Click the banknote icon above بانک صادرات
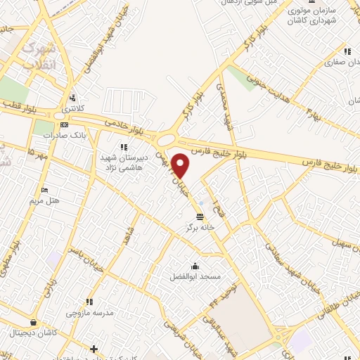click(65, 124)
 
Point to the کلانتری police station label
click(70, 109)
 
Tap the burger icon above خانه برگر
click(200, 216)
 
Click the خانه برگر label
click(200, 227)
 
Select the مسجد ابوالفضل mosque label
click(195, 276)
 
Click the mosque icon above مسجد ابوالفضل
click(195, 266)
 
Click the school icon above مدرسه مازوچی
click(88, 302)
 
